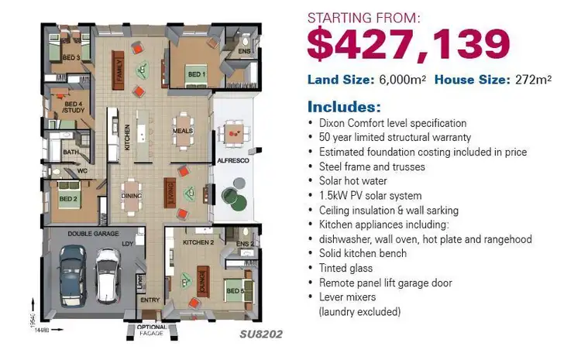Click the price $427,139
(408, 44)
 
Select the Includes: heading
(344, 106)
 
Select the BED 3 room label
(72, 57)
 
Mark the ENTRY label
(150, 300)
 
